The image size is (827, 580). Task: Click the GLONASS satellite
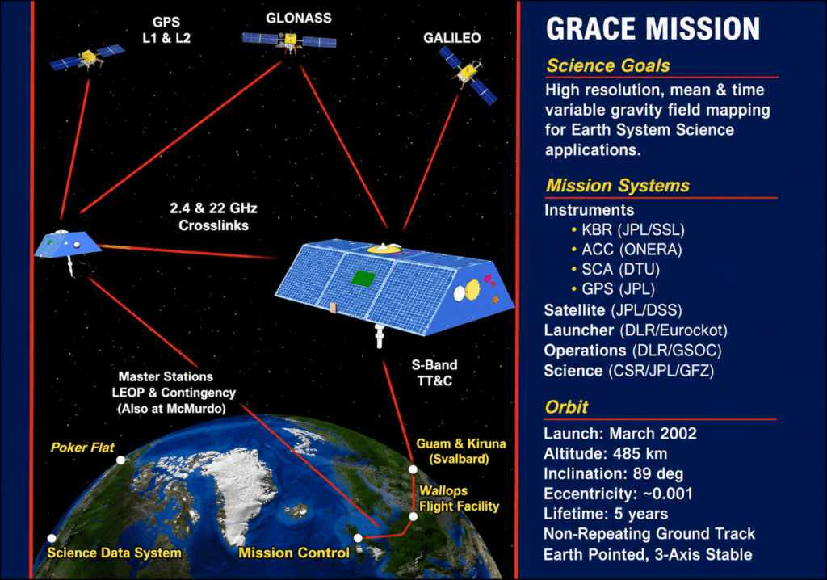(289, 40)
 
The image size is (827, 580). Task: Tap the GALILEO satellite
(468, 74)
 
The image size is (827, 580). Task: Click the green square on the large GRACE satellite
(363, 278)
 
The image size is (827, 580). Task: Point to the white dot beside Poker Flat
(121, 460)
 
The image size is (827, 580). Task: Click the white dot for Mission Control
(358, 538)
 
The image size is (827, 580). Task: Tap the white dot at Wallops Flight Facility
(413, 516)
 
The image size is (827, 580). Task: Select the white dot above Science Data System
(52, 538)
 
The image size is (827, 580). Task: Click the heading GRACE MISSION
(653, 28)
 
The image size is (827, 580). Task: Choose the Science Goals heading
(608, 65)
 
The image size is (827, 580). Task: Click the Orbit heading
(566, 407)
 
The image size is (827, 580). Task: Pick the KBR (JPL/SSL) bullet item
(628, 230)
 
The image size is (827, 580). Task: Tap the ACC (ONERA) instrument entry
(627, 250)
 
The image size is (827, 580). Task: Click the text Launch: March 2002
(620, 433)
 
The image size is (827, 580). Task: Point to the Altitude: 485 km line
(606, 453)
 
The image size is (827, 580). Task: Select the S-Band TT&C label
(434, 372)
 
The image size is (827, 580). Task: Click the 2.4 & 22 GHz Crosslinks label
(213, 216)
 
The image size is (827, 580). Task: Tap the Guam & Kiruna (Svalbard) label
(461, 452)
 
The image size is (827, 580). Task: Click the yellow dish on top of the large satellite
(384, 248)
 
